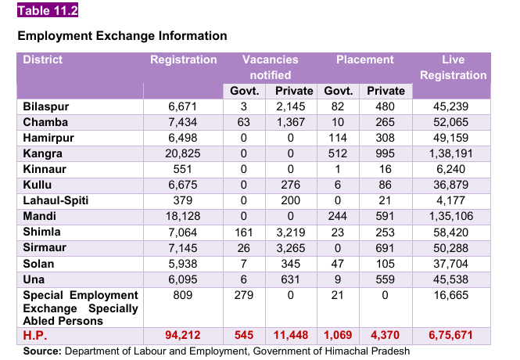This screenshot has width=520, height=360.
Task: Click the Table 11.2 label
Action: click(x=47, y=11)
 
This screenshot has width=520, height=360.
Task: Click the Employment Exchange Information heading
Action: click(x=122, y=36)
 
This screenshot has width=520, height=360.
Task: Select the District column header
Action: click(x=43, y=60)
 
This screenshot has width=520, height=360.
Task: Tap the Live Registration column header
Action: click(x=453, y=67)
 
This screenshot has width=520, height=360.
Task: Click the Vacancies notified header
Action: click(x=270, y=67)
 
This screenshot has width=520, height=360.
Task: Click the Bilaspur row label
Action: click(x=45, y=106)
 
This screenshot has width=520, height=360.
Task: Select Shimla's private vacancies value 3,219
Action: click(x=294, y=232)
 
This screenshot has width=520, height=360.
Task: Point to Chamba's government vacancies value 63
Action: click(x=244, y=122)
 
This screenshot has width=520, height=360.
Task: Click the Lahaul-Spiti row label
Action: click(x=56, y=200)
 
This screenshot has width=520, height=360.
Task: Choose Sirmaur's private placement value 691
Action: click(x=386, y=247)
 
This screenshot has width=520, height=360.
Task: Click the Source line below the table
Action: click(x=216, y=351)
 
